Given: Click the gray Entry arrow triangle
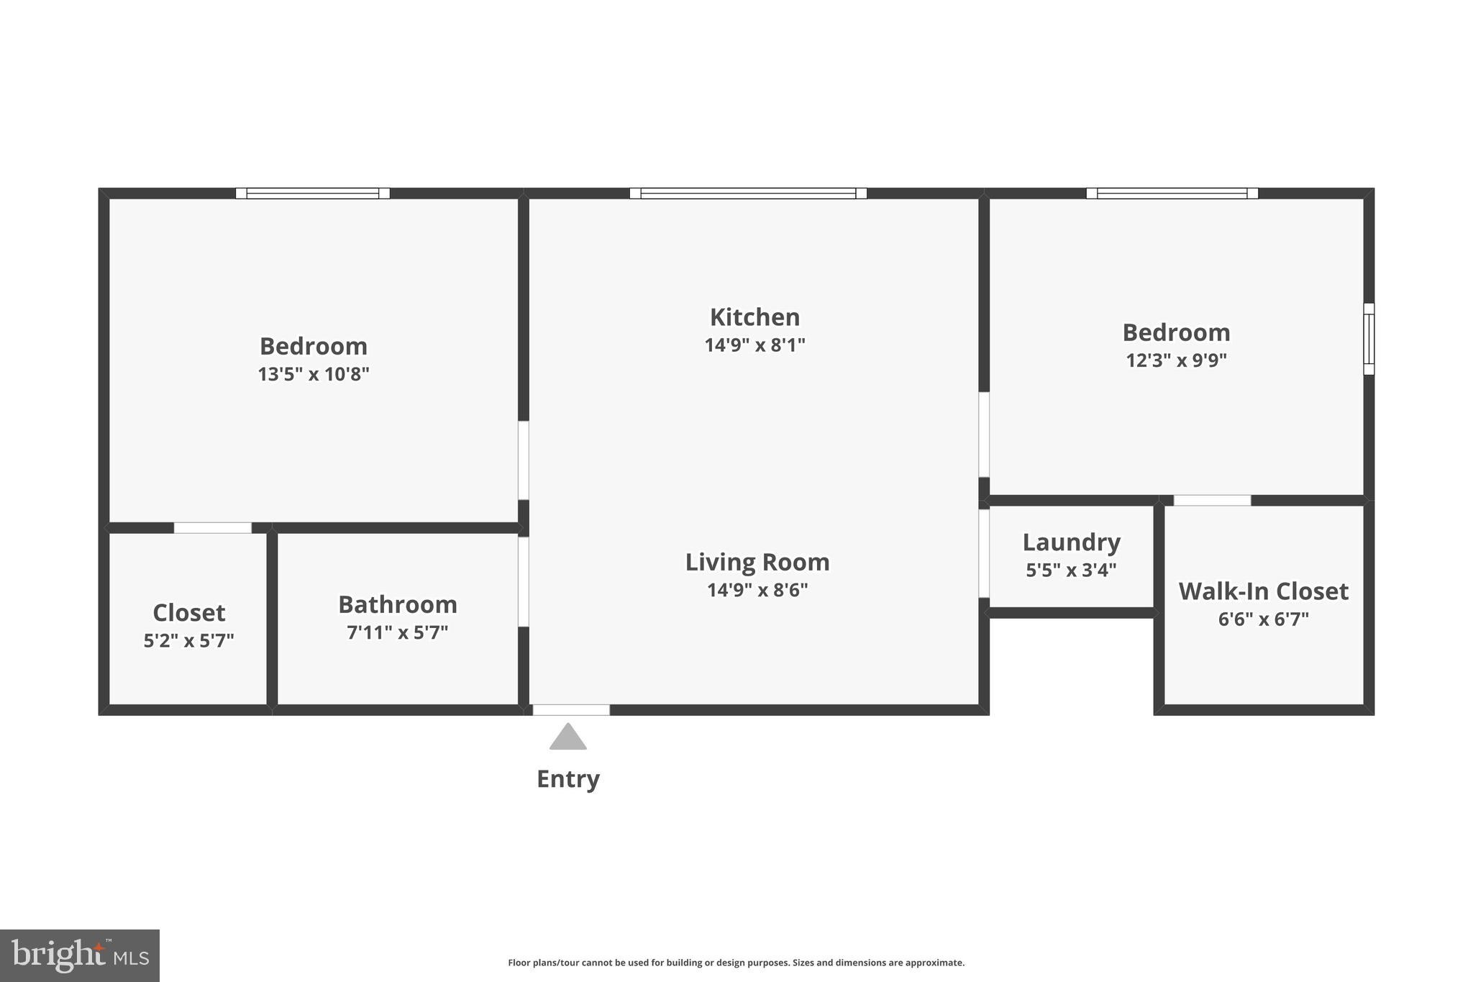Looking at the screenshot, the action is (568, 737).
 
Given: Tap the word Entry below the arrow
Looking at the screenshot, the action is (568, 779).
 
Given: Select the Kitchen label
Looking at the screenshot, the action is (754, 317).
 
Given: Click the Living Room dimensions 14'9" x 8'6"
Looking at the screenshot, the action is (757, 590).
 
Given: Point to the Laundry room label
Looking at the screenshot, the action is (1072, 542).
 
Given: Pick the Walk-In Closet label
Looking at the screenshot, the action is (1264, 591).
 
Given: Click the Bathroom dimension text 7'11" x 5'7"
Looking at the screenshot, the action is (398, 632).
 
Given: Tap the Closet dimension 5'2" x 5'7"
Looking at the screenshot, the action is (189, 640).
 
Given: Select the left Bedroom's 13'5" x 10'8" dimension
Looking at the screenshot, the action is (314, 374).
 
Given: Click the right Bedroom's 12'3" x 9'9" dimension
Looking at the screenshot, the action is (1177, 360).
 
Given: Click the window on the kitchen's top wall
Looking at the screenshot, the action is (748, 193).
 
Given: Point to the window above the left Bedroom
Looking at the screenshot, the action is (313, 193).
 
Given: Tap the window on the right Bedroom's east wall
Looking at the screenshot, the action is (1369, 339).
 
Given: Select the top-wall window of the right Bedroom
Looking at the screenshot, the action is (1172, 193).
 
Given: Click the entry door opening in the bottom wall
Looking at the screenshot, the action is (571, 710).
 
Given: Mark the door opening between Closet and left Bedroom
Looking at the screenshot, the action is (213, 528).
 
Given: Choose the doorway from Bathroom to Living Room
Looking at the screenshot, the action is (524, 582).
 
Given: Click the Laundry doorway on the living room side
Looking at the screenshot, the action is (984, 553).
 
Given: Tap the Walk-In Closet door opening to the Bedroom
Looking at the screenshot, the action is (1213, 500).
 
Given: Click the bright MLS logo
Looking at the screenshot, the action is (80, 955).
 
